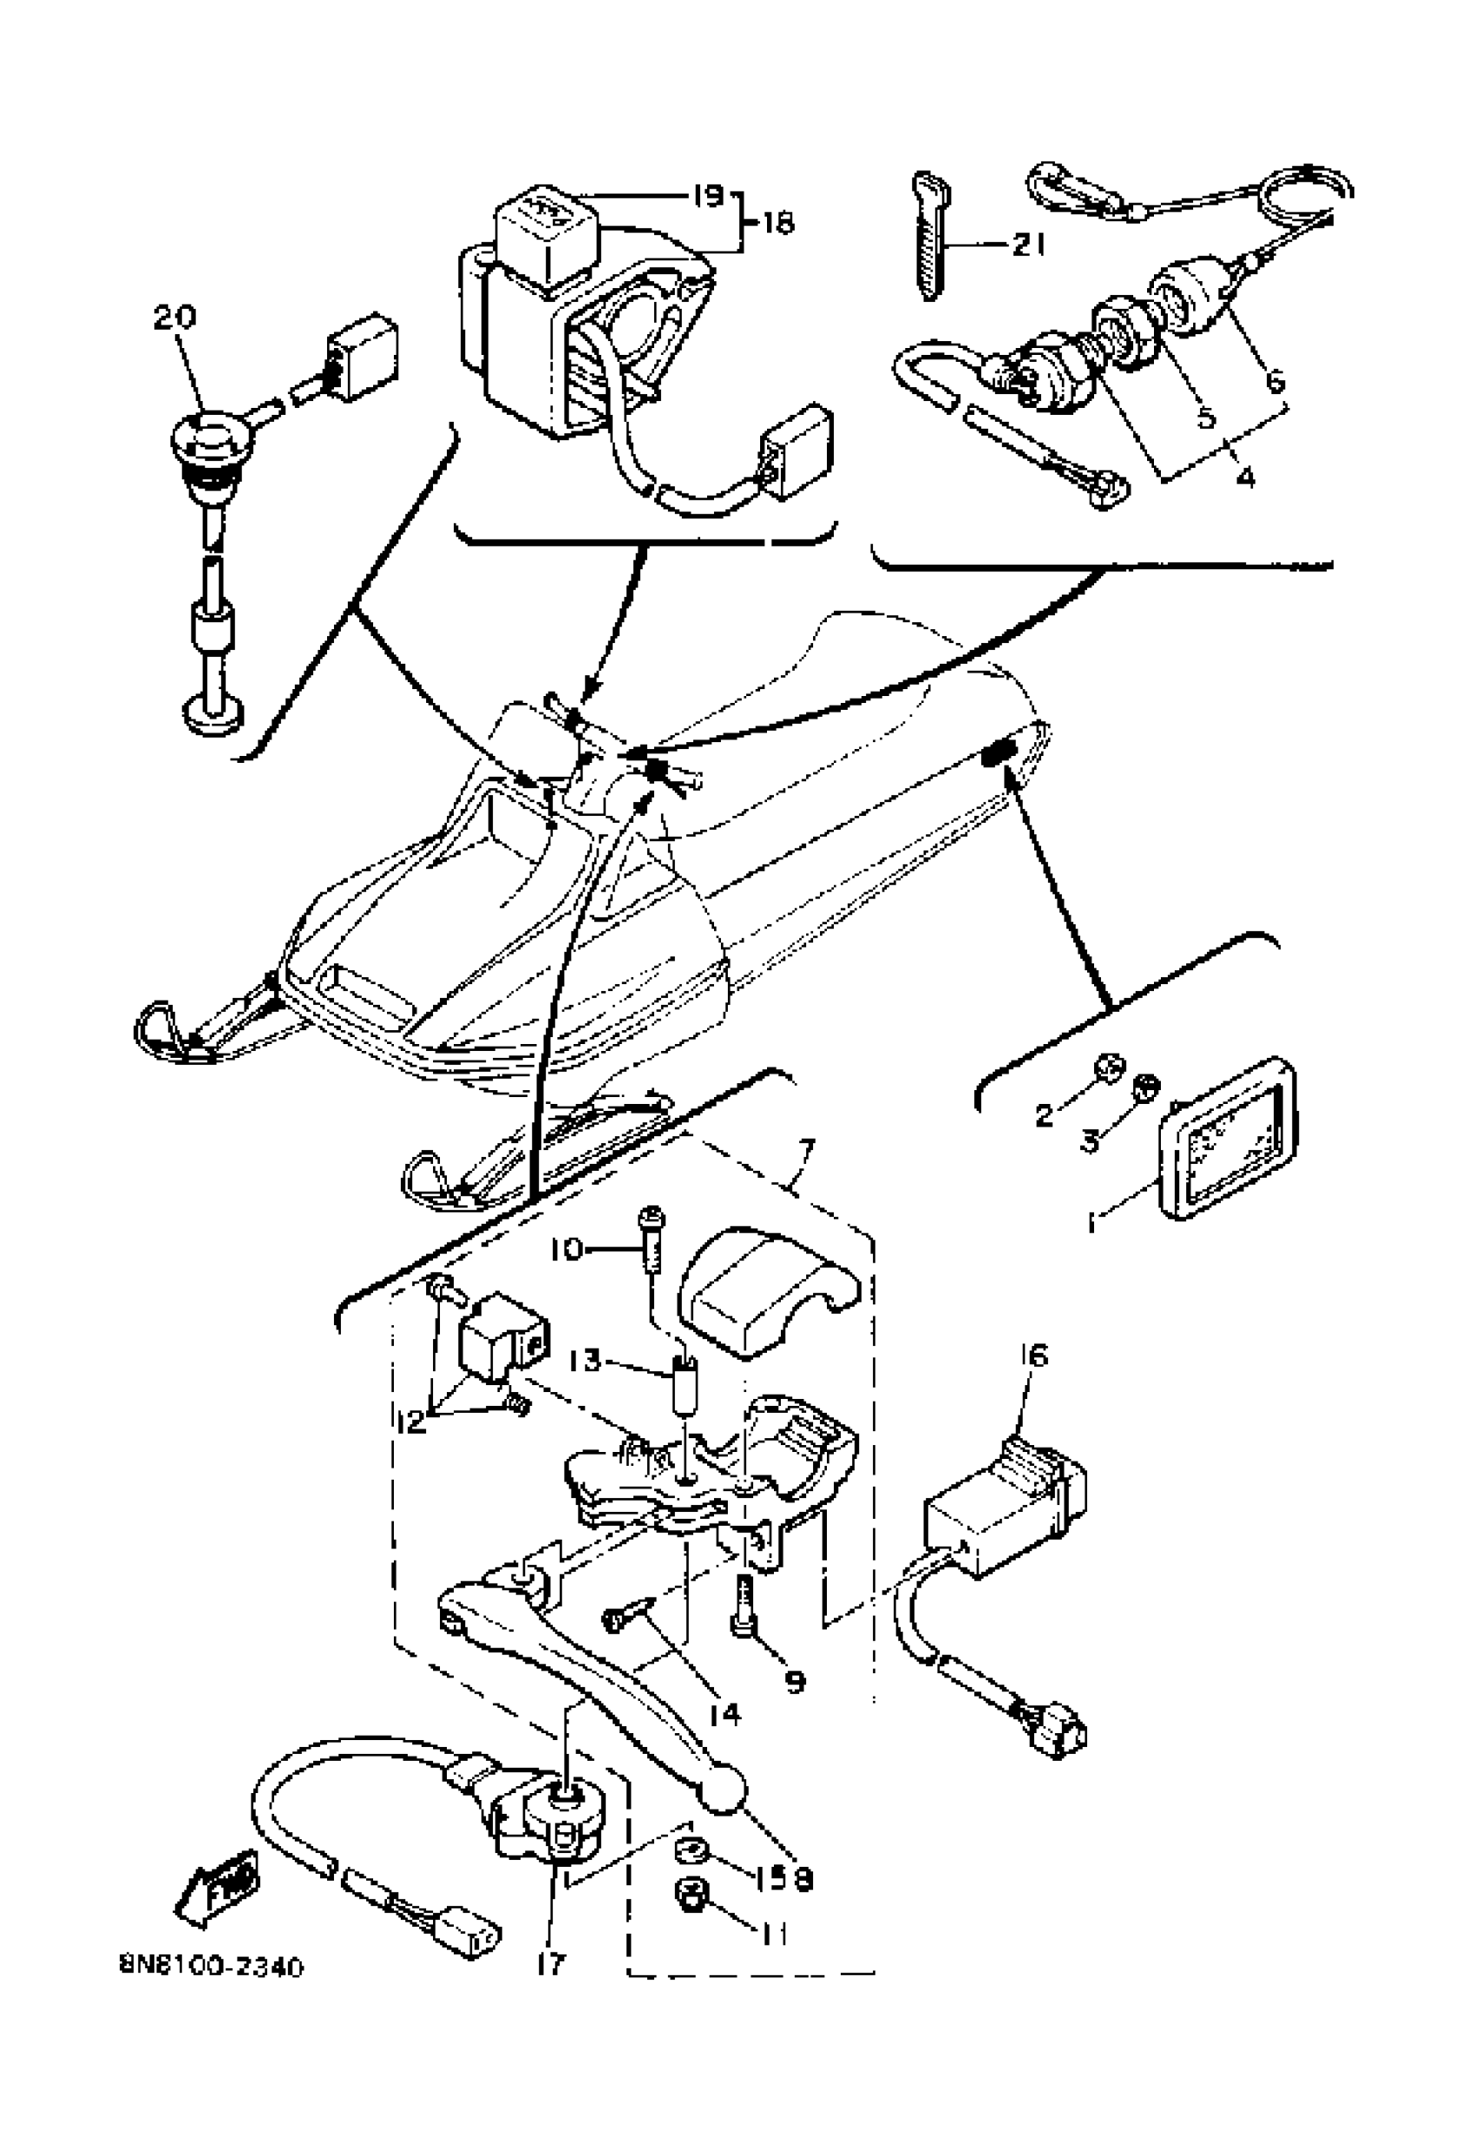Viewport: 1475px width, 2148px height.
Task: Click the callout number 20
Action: pyautogui.click(x=174, y=318)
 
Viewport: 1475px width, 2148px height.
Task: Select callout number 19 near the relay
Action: pyautogui.click(x=708, y=197)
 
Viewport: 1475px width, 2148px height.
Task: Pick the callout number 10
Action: pyautogui.click(x=565, y=1250)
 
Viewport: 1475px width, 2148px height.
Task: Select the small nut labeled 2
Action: pyautogui.click(x=1107, y=1069)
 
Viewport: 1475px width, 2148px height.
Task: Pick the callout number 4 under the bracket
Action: pyautogui.click(x=1245, y=478)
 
